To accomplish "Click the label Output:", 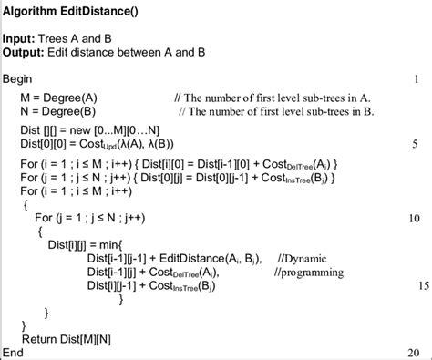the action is [26, 53].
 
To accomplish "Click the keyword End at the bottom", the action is [15, 352].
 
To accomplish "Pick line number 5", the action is [415, 143].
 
